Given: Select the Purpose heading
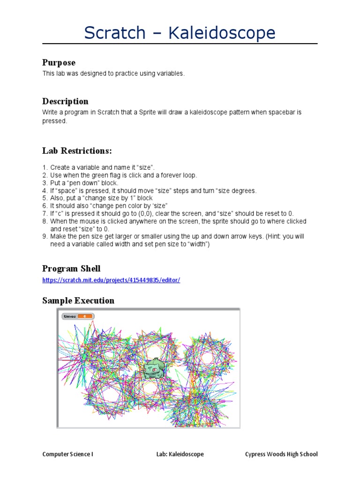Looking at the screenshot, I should (x=59, y=62).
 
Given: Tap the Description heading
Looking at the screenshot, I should (x=65, y=101).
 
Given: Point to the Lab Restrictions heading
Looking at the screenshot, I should (x=77, y=150).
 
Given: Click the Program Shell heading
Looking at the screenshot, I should (x=71, y=269).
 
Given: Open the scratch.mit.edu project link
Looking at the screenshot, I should (x=111, y=280).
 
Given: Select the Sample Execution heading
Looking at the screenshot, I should (x=78, y=300).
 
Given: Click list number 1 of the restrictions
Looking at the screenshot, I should (x=45, y=167).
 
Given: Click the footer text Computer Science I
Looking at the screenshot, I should (x=67, y=454).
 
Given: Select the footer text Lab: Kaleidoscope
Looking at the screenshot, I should (x=180, y=454).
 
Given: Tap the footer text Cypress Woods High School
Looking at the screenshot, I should (x=281, y=454).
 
